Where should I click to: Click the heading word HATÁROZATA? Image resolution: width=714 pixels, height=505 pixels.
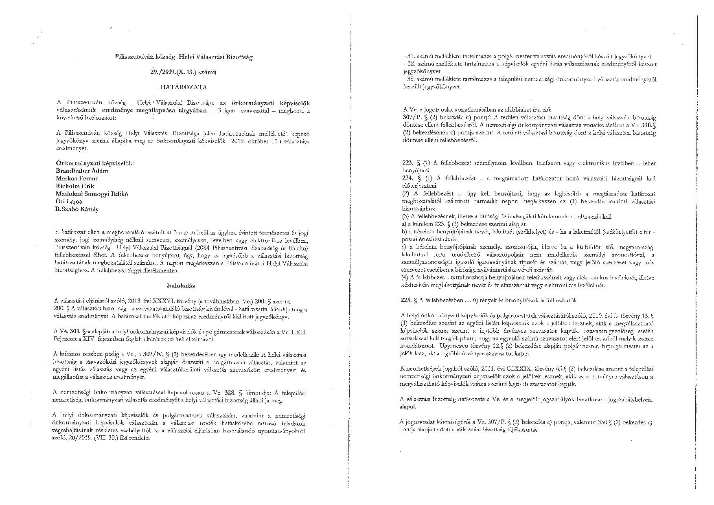(183, 87)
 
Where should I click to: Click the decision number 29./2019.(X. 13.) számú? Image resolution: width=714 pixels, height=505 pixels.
(183, 72)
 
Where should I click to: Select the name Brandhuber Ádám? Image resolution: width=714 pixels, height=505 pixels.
(82, 171)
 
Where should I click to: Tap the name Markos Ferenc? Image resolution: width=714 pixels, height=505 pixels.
(77, 178)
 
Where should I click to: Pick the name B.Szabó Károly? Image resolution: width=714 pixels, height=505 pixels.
(77, 209)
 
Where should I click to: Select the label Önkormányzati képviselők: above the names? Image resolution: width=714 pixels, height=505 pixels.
(94, 163)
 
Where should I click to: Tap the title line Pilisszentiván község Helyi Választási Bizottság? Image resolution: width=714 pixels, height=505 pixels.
(184, 57)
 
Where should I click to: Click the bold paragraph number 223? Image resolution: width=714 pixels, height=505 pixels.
(407, 163)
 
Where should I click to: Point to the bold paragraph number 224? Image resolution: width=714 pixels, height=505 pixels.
(407, 178)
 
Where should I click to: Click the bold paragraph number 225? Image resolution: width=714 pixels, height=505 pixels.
(407, 300)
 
